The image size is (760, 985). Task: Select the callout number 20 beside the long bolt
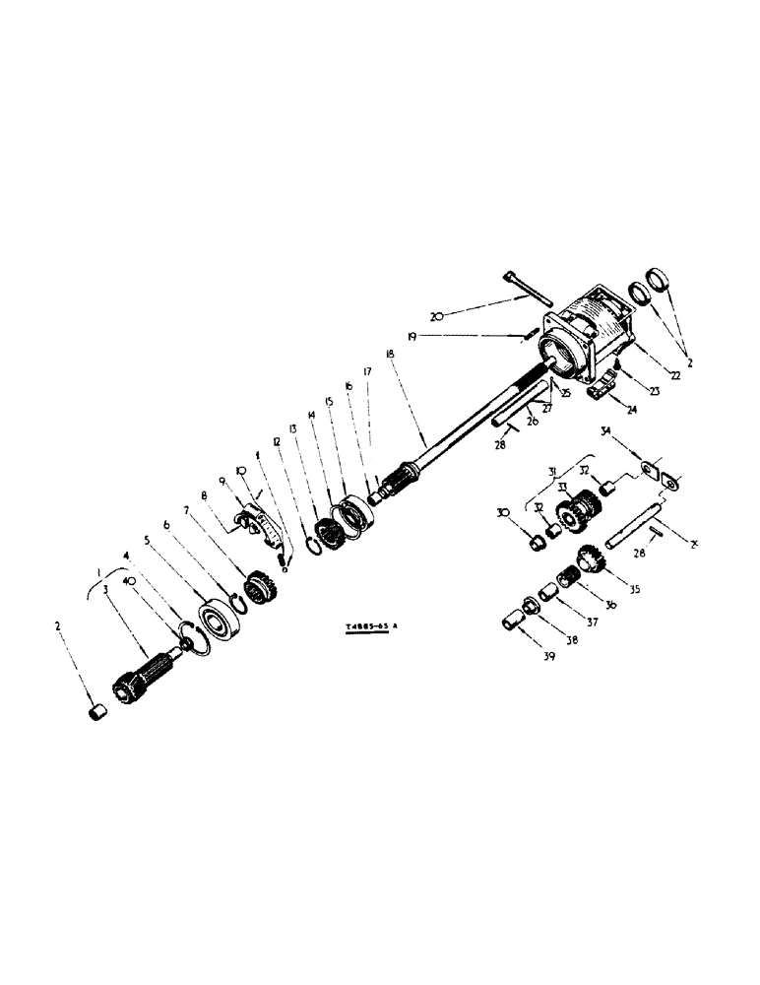tap(438, 316)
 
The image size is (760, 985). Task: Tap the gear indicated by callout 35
tap(591, 562)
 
